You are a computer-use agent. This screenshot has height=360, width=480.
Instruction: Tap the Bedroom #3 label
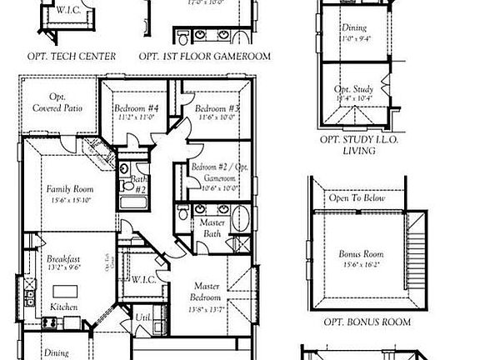tap(217, 109)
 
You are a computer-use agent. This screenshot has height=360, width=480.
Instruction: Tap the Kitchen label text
tap(63, 307)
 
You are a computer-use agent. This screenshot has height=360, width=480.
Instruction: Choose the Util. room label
tap(143, 317)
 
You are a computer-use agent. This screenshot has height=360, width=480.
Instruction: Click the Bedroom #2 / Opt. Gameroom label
tap(215, 172)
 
